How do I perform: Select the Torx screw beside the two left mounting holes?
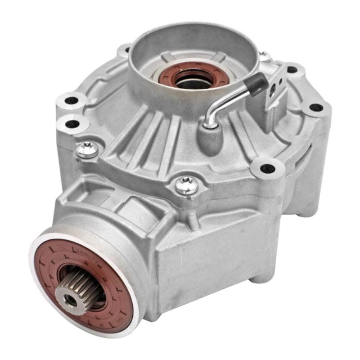(x=87, y=150)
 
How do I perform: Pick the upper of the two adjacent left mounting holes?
(x=72, y=100)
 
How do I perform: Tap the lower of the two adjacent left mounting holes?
(x=72, y=123)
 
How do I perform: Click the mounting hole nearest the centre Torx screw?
(x=267, y=169)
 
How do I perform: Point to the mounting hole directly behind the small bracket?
(x=292, y=69)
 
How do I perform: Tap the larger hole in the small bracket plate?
(x=273, y=90)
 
